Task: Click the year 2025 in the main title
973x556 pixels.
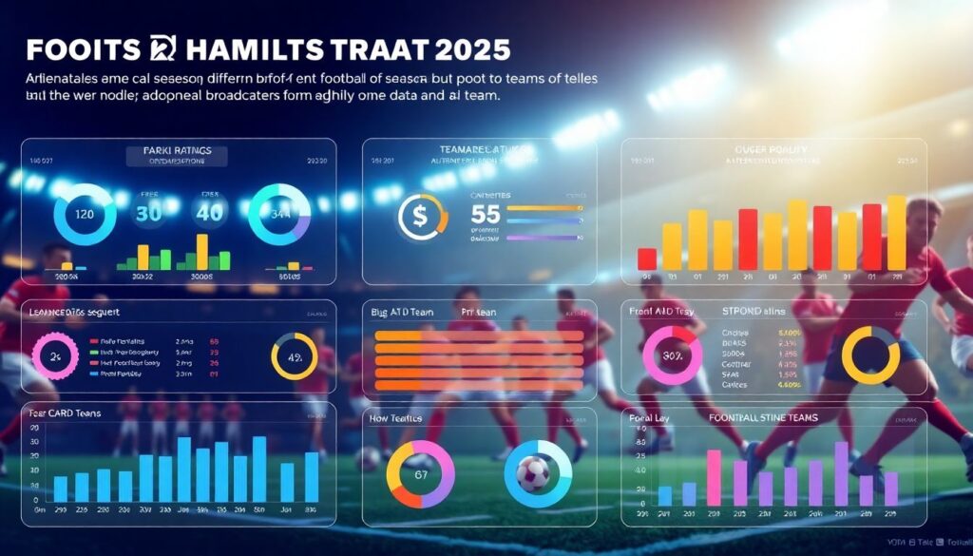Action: tap(470, 49)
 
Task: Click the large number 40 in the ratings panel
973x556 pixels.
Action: tap(209, 212)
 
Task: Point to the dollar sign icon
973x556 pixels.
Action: tap(419, 217)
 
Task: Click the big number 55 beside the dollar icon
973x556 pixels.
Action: tap(486, 215)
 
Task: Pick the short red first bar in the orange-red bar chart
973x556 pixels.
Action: tap(647, 258)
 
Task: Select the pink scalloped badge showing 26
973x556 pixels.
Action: tap(55, 355)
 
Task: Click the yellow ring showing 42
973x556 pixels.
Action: tap(294, 357)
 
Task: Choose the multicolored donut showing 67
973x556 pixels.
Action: tap(421, 473)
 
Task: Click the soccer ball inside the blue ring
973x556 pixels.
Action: tap(533, 472)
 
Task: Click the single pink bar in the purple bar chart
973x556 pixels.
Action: tap(715, 477)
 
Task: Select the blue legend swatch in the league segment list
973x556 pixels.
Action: tap(93, 374)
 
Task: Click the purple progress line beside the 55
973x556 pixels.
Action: tap(544, 238)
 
